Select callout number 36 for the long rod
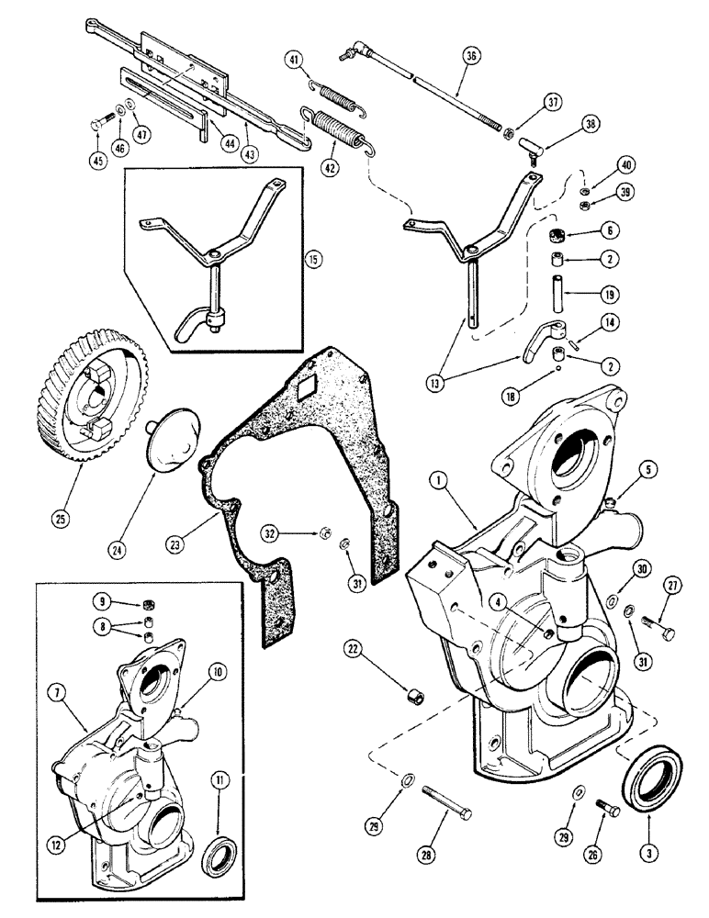[470, 56]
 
